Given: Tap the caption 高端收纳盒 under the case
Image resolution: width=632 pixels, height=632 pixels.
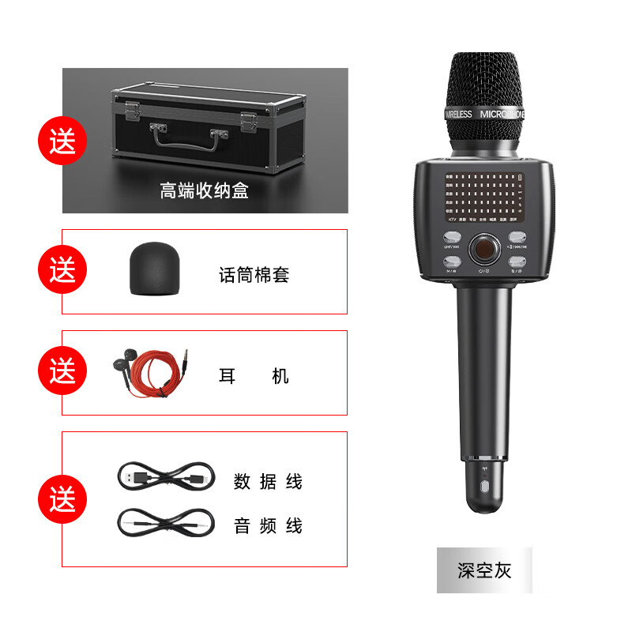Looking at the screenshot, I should tap(204, 190).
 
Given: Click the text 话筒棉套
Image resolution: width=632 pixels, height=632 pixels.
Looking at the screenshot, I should tap(254, 275).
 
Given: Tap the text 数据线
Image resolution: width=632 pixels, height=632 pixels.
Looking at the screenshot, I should tap(268, 480).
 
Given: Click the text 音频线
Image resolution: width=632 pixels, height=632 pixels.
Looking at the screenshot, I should tap(268, 525).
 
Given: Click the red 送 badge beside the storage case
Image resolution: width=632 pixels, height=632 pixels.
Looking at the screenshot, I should tap(62, 143).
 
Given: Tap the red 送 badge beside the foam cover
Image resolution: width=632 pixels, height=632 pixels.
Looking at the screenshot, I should tap(62, 271).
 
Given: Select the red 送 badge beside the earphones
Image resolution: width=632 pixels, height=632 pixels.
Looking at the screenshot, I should tap(62, 371).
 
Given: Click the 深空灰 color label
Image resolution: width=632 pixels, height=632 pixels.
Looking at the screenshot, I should tap(484, 570).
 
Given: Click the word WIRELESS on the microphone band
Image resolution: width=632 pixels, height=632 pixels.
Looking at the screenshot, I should tap(458, 115).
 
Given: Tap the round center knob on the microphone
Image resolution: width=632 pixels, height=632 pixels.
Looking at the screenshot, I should tap(483, 250).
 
